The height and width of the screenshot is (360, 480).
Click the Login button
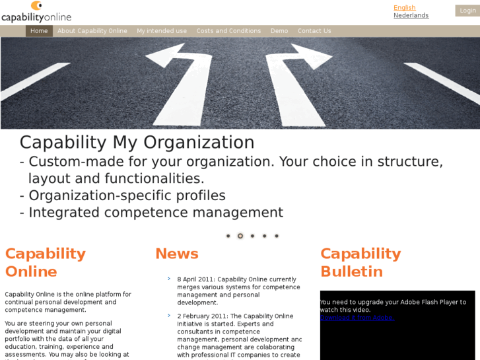[x=467, y=11]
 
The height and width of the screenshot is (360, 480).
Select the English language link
[x=404, y=8]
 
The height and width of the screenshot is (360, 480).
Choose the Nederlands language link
[x=411, y=15]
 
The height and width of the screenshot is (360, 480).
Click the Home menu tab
[x=39, y=31]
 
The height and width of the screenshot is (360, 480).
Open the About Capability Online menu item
[x=92, y=31]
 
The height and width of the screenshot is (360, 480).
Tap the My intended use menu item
[x=162, y=31]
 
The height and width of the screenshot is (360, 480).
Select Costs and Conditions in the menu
[x=228, y=31]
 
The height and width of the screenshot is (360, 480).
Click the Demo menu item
[x=279, y=31]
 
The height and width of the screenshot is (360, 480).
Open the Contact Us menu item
[x=314, y=31]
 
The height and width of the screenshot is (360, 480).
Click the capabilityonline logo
[x=36, y=12]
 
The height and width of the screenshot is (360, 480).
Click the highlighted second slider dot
[x=240, y=236]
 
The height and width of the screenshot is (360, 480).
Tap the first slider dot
[x=228, y=236]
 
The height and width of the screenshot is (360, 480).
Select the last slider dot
[x=277, y=236]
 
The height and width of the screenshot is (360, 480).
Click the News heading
[x=176, y=254]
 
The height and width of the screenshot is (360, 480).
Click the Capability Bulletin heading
[x=360, y=262]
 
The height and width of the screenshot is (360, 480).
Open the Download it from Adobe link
[x=357, y=318]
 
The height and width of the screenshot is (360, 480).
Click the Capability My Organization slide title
[x=137, y=143]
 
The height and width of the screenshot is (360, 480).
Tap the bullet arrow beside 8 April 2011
[x=169, y=279]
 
